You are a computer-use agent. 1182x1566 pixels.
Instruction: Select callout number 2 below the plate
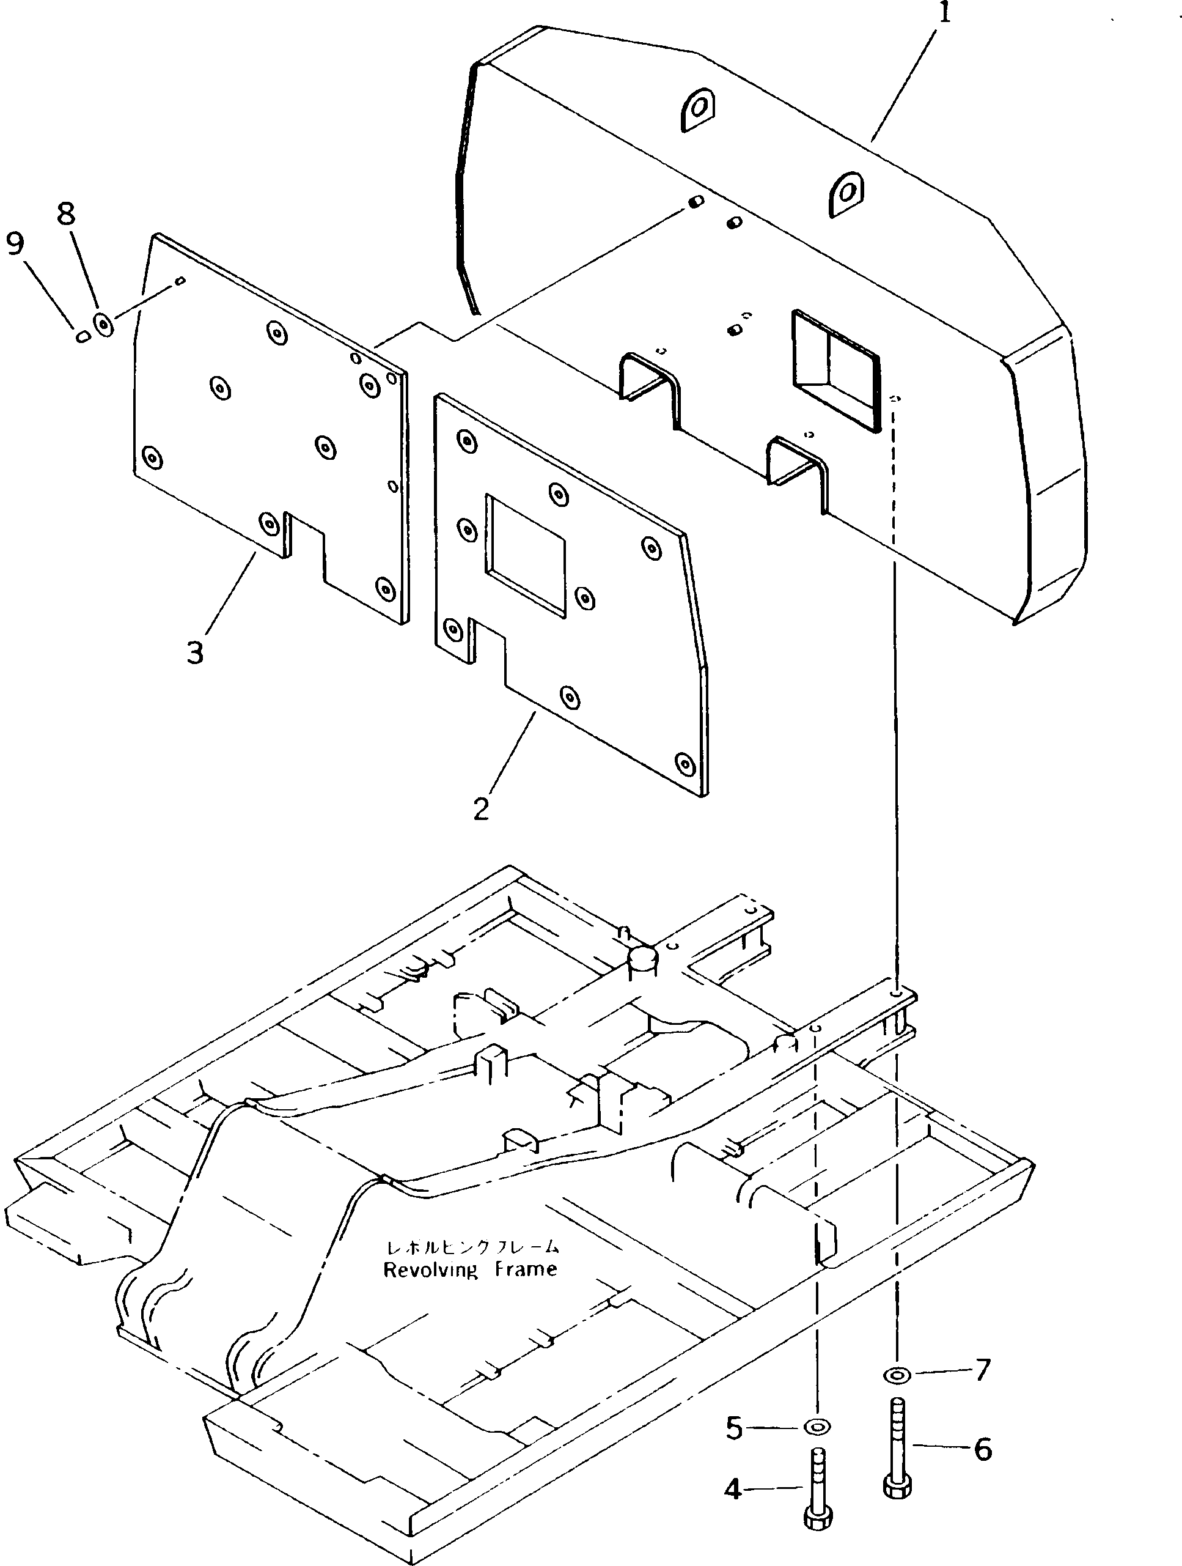coord(481,808)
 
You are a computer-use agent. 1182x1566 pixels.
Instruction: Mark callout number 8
coord(65,213)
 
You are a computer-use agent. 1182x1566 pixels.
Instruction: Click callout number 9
coord(14,243)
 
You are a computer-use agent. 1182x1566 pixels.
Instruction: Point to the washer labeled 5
coord(818,1426)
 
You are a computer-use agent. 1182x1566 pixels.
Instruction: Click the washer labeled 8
coord(104,325)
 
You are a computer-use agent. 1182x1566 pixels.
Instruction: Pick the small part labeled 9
coord(83,337)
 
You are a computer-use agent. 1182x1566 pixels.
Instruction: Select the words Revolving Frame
coord(470,1269)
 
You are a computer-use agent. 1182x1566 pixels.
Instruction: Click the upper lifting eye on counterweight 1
coord(698,109)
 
